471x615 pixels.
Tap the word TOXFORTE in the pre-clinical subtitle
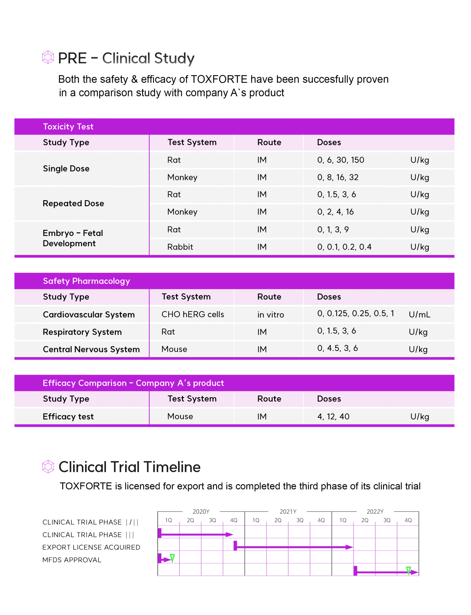click(219, 80)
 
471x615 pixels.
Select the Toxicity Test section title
click(68, 127)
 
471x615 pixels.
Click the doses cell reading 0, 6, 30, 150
click(341, 160)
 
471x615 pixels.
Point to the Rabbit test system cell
click(180, 247)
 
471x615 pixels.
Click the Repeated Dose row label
click(73, 203)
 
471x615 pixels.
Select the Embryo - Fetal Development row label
click(73, 238)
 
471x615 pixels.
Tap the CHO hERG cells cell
click(193, 314)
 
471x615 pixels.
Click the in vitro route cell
click(271, 315)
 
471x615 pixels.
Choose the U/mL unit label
click(419, 315)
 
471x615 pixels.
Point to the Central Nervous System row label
click(91, 350)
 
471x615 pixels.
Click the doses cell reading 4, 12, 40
click(333, 417)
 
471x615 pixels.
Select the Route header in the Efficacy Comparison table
click(269, 399)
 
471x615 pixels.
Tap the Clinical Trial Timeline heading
click(130, 467)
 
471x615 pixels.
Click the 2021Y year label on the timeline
click(288, 512)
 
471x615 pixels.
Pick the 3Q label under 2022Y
click(387, 520)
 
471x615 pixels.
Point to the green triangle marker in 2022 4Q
click(408, 570)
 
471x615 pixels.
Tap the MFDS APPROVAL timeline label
click(72, 560)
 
